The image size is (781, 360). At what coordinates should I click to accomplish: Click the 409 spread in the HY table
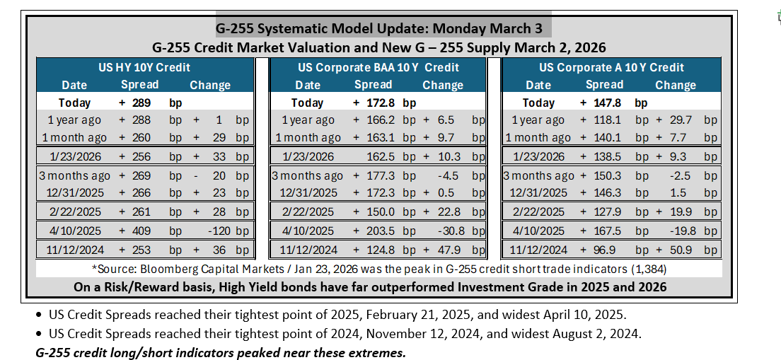point(142,231)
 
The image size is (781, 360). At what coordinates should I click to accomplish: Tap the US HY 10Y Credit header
point(145,66)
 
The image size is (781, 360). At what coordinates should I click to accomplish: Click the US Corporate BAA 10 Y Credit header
point(378,66)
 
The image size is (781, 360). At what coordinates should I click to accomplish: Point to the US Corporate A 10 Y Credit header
point(612,66)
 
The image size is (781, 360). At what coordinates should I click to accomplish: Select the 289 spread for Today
point(142,103)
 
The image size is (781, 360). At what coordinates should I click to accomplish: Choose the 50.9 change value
point(680,250)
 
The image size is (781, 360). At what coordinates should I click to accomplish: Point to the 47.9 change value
point(447,250)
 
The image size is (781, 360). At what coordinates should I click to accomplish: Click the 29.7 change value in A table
point(680,120)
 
